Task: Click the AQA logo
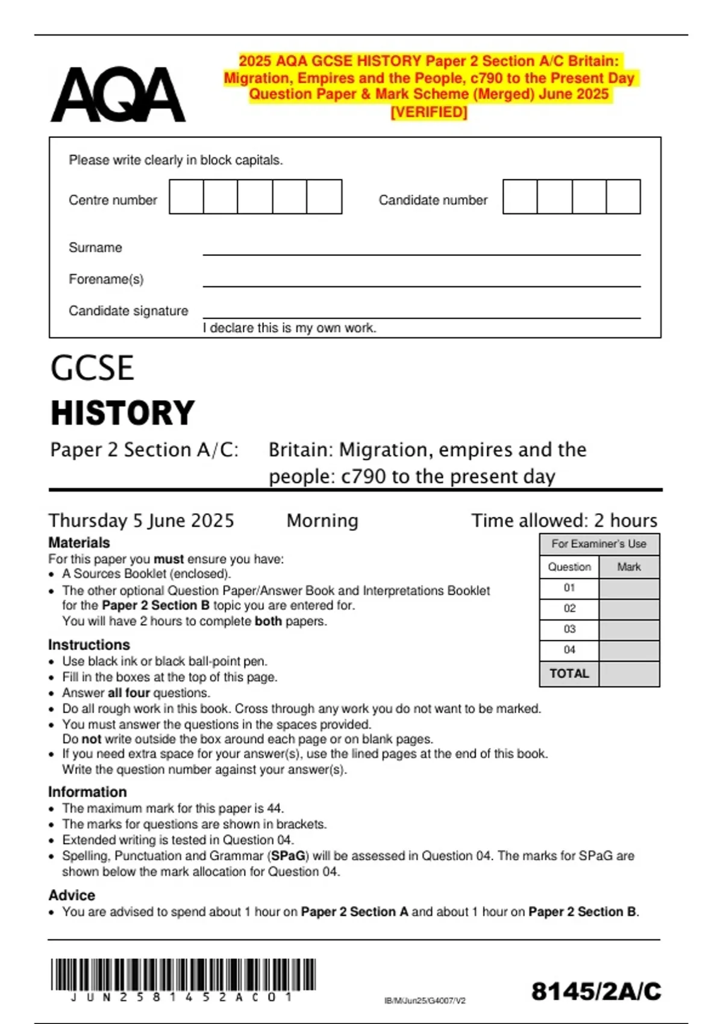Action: (118, 95)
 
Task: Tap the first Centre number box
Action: (186, 197)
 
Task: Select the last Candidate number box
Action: (623, 197)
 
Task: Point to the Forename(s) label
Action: (106, 279)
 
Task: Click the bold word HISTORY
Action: (123, 413)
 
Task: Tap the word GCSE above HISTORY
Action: (92, 368)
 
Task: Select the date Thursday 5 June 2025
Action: (141, 520)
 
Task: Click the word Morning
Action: (322, 520)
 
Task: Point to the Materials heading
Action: (79, 542)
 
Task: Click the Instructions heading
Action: (89, 645)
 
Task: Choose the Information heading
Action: (87, 792)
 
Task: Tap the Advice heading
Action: (72, 895)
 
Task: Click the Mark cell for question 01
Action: (629, 588)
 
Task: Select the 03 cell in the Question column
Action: (569, 629)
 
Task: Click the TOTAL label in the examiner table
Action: (569, 673)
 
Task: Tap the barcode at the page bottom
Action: (183, 975)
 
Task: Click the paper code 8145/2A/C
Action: (596, 991)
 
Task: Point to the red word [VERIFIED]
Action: (429, 112)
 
